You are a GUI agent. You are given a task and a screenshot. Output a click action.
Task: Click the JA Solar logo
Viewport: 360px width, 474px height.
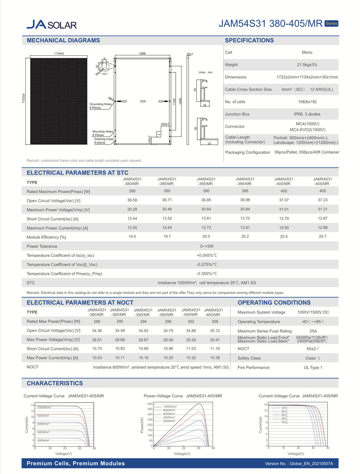click(x=51, y=24)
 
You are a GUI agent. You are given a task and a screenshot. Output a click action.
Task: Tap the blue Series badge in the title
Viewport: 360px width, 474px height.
click(x=331, y=23)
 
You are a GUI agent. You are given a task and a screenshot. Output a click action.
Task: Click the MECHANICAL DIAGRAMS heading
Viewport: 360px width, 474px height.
click(x=63, y=40)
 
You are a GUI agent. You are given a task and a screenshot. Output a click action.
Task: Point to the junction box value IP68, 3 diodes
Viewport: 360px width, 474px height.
click(x=307, y=114)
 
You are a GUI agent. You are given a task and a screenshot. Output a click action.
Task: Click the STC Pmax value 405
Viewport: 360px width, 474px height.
click(x=322, y=191)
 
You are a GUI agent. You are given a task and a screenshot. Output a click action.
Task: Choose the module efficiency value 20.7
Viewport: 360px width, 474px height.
click(x=322, y=237)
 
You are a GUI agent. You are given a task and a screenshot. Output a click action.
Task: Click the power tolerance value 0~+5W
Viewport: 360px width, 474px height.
click(x=207, y=246)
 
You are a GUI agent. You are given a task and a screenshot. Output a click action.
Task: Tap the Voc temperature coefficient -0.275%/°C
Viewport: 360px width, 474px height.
click(x=207, y=265)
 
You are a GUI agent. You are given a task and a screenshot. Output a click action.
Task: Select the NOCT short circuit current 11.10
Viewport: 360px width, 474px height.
click(x=215, y=349)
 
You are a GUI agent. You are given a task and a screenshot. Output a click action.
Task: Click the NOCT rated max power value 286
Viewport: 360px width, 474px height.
click(x=97, y=322)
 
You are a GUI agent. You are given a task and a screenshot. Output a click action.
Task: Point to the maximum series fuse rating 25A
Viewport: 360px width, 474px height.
click(x=313, y=331)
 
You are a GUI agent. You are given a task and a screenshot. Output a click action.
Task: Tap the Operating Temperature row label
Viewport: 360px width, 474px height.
click(x=258, y=322)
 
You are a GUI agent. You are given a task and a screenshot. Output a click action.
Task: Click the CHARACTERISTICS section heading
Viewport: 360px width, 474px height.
click(x=55, y=383)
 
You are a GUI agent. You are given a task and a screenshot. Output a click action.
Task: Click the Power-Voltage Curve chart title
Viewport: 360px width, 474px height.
click(x=182, y=396)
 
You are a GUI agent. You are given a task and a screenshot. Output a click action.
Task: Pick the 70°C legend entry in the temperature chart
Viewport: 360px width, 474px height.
click(x=284, y=422)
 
